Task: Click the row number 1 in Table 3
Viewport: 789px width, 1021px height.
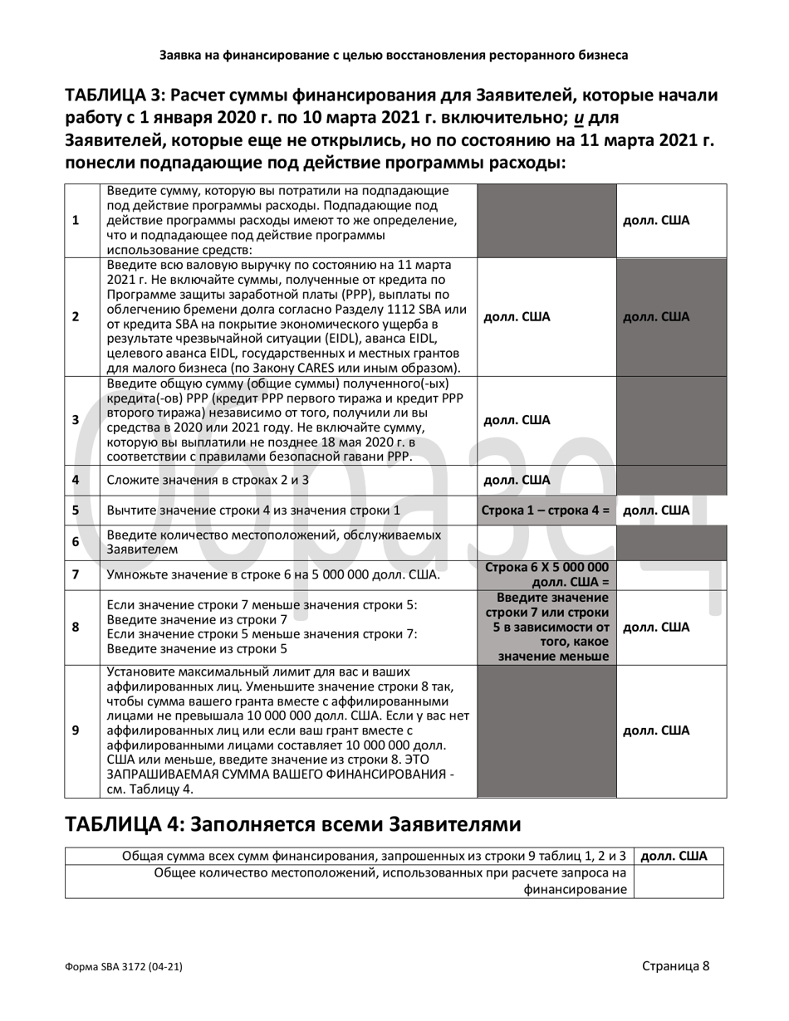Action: click(76, 221)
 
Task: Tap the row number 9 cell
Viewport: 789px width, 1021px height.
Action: click(76, 730)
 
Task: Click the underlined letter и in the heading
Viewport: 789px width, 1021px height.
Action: click(580, 118)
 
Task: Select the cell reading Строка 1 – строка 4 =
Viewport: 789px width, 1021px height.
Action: click(546, 510)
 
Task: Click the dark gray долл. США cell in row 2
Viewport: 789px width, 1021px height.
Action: click(656, 316)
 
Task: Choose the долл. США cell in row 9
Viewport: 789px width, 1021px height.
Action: click(656, 730)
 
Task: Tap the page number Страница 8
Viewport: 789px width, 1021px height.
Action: click(675, 965)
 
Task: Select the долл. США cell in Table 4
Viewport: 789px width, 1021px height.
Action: click(674, 856)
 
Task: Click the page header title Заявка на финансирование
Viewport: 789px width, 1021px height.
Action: click(394, 56)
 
